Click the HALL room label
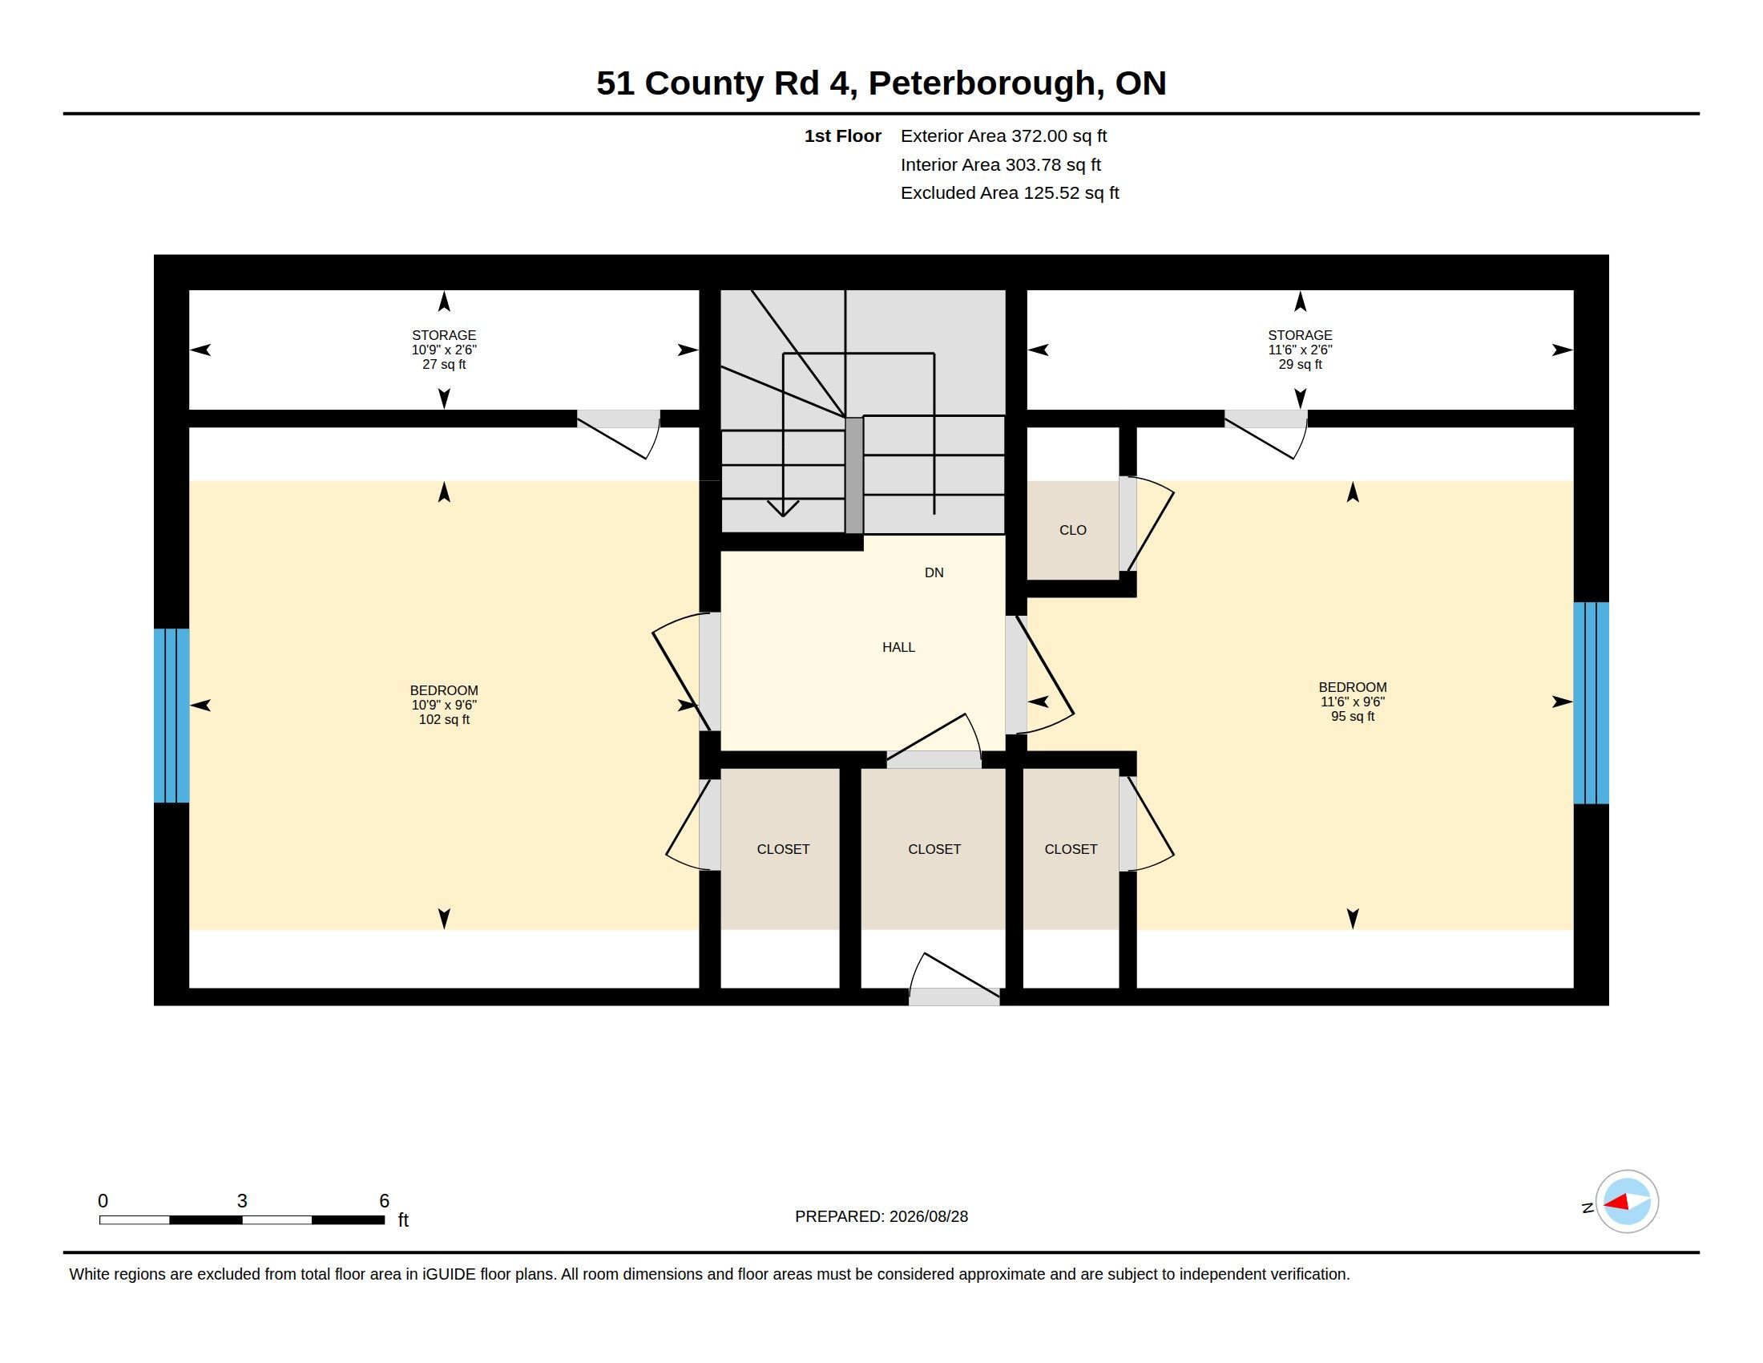click(x=898, y=647)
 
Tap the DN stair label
click(x=934, y=572)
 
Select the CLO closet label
click(x=1073, y=530)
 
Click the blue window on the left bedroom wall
click(x=171, y=715)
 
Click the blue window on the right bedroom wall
click(x=1591, y=702)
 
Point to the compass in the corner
click(x=1627, y=1202)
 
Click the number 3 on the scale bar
click(x=242, y=1201)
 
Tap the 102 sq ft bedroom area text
click(x=444, y=719)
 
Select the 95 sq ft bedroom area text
click(x=1353, y=716)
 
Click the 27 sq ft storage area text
click(x=444, y=364)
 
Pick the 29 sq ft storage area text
click(x=1300, y=364)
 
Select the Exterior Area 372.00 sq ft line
click(x=1003, y=135)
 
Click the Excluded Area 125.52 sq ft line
click(x=1010, y=193)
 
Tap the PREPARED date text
click(x=881, y=1216)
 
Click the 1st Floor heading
click(x=843, y=135)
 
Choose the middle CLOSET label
click(x=934, y=848)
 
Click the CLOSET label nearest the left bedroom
click(x=783, y=848)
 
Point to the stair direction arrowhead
click(x=783, y=508)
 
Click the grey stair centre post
click(x=854, y=475)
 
